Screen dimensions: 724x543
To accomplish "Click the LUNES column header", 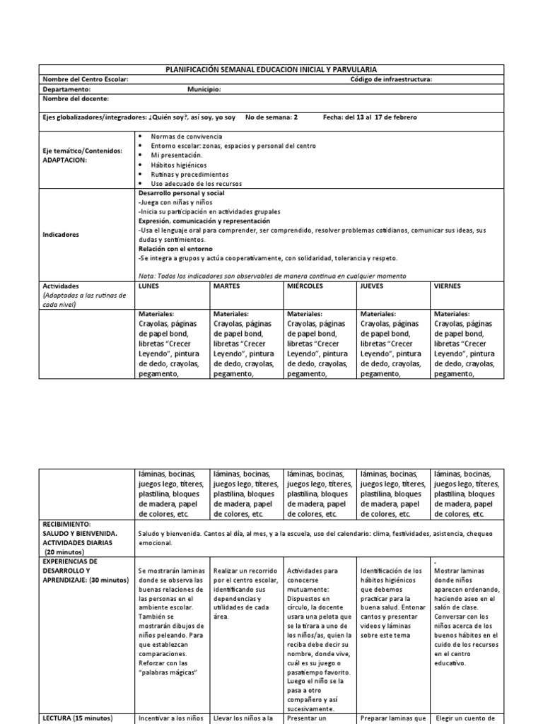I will pos(150,286).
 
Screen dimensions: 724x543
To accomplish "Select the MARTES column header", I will pos(226,286).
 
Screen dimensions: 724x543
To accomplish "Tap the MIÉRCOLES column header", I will pos(305,286).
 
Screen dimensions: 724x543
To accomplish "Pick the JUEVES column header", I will pos(373,286).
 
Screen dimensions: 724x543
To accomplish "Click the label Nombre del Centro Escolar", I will pos(86,79).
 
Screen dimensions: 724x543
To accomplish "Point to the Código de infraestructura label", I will pos(391,79).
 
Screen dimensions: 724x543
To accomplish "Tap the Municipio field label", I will pos(204,90).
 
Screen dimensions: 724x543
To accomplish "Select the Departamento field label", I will pos(66,90).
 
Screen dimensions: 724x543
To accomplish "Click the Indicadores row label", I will pos(61,233).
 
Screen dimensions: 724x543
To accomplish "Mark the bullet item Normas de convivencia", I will pos(185,135).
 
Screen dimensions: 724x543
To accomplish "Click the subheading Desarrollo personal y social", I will pos(181,193).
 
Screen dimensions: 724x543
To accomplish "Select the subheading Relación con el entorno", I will pos(173,248).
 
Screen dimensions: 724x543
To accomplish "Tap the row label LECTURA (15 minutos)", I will pos(78,718).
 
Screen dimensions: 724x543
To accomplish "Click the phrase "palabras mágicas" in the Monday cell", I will pos(165,671).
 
